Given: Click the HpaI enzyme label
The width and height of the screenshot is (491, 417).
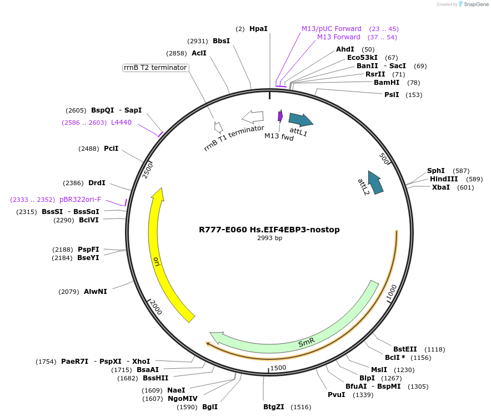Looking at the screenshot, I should (x=258, y=28).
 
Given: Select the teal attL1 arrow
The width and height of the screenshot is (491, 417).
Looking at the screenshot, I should (x=300, y=119).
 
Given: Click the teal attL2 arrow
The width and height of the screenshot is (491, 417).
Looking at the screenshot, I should (x=376, y=182).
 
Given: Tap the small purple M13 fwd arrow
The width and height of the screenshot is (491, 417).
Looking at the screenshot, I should (x=280, y=116).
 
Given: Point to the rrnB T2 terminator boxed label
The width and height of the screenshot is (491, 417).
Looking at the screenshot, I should (x=155, y=68).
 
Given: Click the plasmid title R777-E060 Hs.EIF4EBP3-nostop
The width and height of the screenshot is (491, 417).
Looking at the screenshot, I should (x=269, y=229).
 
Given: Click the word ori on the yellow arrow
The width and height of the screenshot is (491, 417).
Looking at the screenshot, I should (x=157, y=261).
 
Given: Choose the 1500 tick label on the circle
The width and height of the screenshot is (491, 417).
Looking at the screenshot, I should (x=278, y=367).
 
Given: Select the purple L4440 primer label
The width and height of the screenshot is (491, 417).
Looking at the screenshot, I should (x=121, y=123).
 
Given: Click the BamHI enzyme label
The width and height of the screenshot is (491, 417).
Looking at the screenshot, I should (x=387, y=83).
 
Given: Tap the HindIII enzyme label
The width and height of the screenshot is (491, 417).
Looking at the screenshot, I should (x=443, y=179).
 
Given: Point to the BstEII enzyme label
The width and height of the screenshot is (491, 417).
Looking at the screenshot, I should (x=405, y=349).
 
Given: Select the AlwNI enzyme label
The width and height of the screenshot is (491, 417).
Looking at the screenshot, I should (x=96, y=291).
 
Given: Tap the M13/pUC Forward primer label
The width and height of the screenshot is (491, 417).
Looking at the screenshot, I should (x=331, y=28).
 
